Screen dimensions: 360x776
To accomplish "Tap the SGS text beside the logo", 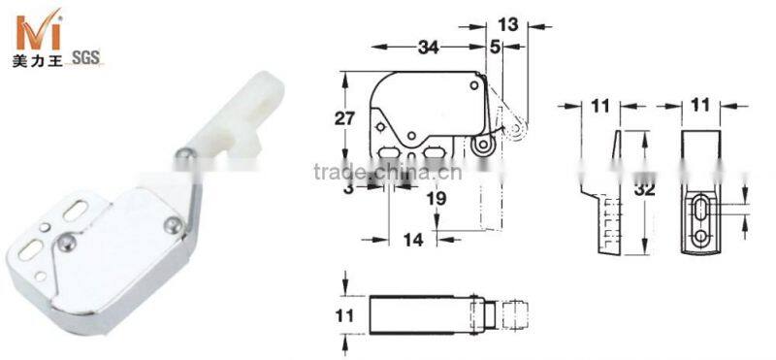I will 86,58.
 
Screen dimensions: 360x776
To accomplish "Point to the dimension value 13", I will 507,21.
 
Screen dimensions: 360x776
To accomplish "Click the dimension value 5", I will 495,45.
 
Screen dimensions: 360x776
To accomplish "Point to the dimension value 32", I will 640,190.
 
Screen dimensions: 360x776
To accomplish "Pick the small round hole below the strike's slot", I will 702,237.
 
